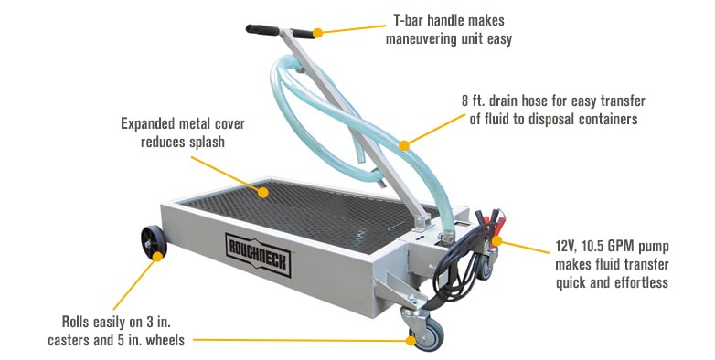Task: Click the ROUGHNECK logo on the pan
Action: coord(258,254)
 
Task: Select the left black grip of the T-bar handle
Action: coord(262,29)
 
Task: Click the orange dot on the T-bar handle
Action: coord(318,33)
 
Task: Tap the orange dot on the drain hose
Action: coord(403,145)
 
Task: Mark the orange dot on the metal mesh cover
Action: coord(262,192)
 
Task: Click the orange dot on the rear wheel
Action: coord(157,257)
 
